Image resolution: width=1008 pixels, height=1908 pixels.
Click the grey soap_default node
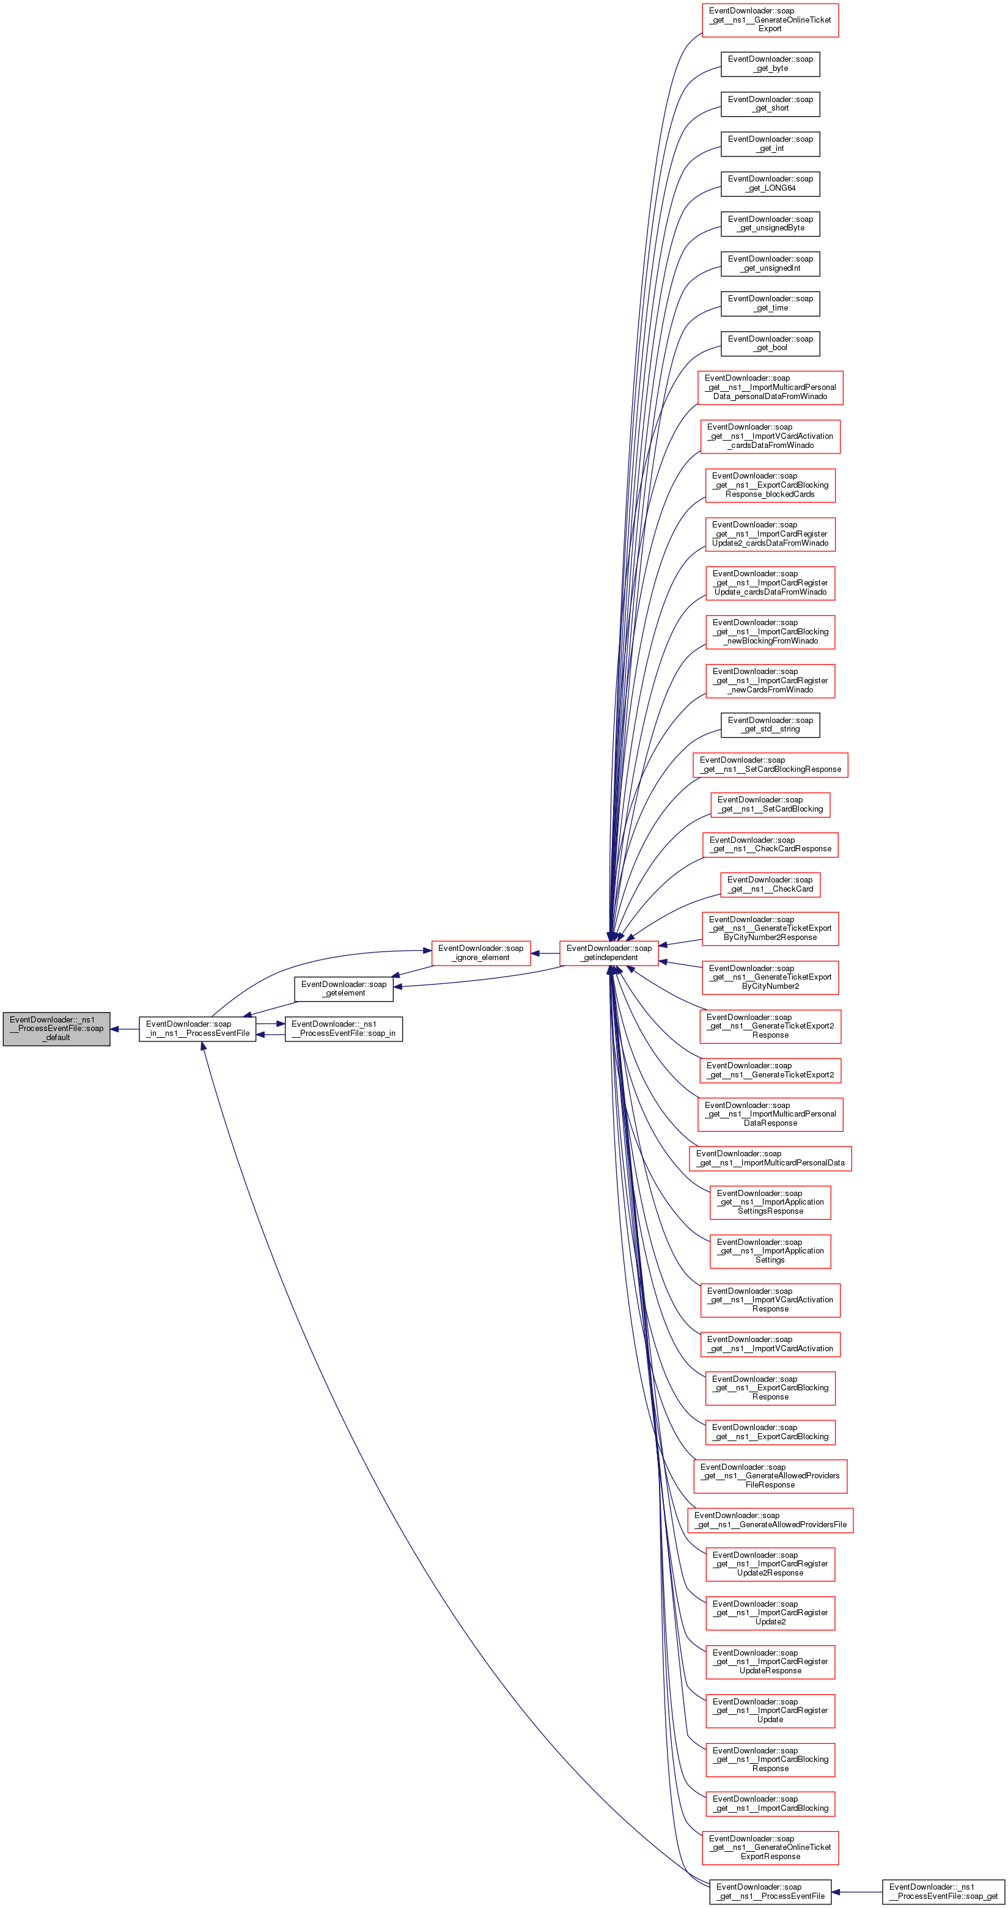pyautogui.click(x=56, y=1028)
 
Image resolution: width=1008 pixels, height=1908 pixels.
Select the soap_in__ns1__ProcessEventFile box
pyautogui.click(x=197, y=1029)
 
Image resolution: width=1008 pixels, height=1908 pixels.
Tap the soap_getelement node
pyautogui.click(x=344, y=989)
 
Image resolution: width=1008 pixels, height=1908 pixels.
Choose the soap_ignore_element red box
pyautogui.click(x=480, y=953)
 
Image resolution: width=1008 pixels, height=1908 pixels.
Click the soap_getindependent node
pyautogui.click(x=609, y=953)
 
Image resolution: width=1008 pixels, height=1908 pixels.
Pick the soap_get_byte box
pyautogui.click(x=770, y=64)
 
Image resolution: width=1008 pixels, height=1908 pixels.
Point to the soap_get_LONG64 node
pyautogui.click(x=770, y=184)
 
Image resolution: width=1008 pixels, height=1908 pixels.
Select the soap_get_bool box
pyautogui.click(x=770, y=343)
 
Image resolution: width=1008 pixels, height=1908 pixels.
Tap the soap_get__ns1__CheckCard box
pyautogui.click(x=770, y=884)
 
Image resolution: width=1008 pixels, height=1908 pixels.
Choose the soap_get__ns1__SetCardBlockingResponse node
pyautogui.click(x=770, y=765)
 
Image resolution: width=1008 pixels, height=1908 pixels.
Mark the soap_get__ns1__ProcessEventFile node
pyautogui.click(x=770, y=1891)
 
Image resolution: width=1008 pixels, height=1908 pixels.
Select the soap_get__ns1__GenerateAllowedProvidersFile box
pyautogui.click(x=770, y=1520)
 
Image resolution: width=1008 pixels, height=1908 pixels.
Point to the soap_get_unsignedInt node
pyautogui.click(x=770, y=263)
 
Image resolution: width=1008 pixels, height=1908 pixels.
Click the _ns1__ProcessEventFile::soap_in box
pyautogui.click(x=344, y=1029)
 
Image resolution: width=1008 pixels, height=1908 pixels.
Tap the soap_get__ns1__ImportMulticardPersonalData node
pyautogui.click(x=770, y=1159)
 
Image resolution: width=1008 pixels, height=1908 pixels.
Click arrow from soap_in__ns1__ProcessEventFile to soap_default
pyautogui.click(x=125, y=1029)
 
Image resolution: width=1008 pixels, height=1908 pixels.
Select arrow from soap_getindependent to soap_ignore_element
pyautogui.click(x=545, y=953)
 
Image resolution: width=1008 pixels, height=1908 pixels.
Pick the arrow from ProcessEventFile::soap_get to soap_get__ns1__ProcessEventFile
pyautogui.click(x=857, y=1891)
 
